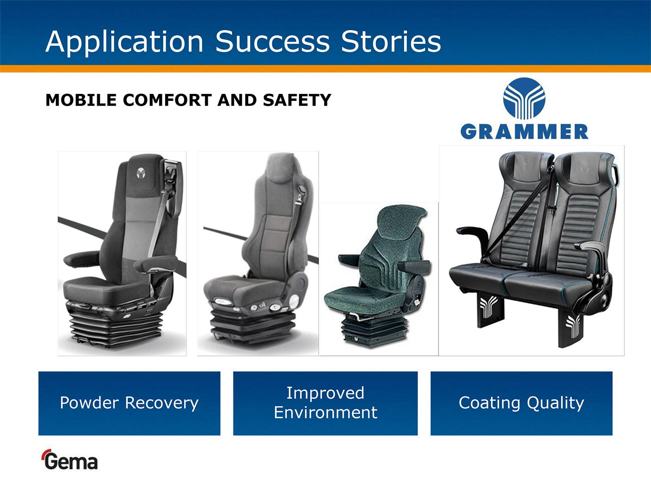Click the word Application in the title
coord(125,42)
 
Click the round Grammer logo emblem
coord(524,99)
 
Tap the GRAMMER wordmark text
coord(525,132)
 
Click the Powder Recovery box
coord(129,403)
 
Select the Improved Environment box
coord(325,403)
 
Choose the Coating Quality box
coord(521,403)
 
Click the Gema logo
coord(70,460)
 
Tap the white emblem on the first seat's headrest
coord(141,173)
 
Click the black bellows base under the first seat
coord(116,329)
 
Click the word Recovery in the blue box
coord(162,403)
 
